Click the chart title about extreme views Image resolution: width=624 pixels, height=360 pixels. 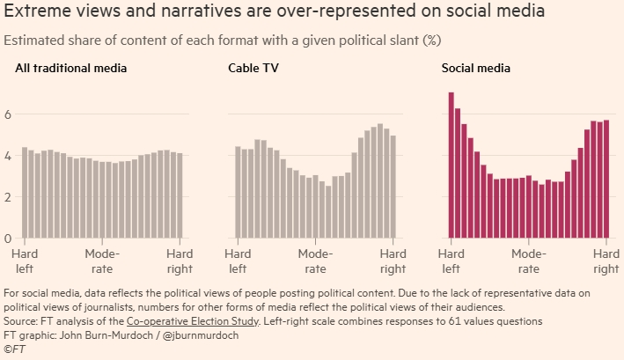[x=274, y=12]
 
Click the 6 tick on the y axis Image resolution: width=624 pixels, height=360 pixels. [x=8, y=114]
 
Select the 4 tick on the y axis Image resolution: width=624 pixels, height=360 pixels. [x=8, y=156]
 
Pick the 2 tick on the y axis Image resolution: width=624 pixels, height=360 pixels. [x=8, y=197]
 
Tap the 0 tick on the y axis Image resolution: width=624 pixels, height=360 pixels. [x=8, y=238]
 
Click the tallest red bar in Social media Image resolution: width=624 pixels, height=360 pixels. [x=451, y=165]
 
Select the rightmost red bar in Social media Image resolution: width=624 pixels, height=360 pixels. [x=606, y=180]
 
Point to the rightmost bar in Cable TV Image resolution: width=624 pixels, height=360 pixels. [x=393, y=187]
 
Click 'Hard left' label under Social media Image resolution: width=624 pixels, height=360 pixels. [x=451, y=261]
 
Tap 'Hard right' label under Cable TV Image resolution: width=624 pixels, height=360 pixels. [x=393, y=261]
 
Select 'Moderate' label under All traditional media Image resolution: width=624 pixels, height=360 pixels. [x=102, y=261]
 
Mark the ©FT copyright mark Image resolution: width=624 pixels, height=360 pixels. [x=15, y=349]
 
